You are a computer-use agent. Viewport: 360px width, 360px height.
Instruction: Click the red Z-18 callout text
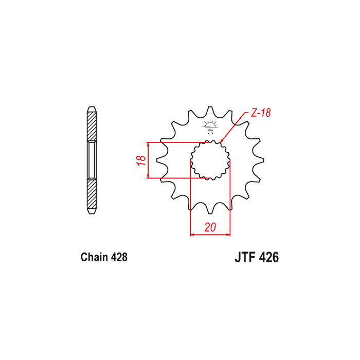coord(261,113)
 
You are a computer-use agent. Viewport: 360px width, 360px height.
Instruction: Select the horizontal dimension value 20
coord(210,227)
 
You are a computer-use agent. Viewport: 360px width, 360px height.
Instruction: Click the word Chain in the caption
coord(94,257)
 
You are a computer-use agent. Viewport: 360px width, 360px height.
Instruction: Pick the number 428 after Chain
coord(119,257)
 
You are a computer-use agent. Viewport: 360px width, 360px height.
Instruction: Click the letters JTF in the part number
coord(245,257)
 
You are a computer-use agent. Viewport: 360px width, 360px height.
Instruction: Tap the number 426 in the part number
coord(268,257)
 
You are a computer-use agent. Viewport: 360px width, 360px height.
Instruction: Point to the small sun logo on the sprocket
coord(210,127)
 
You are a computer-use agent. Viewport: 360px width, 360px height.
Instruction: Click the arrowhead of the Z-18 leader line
coord(221,141)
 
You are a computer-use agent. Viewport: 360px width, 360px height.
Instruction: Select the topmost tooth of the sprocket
coord(210,110)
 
